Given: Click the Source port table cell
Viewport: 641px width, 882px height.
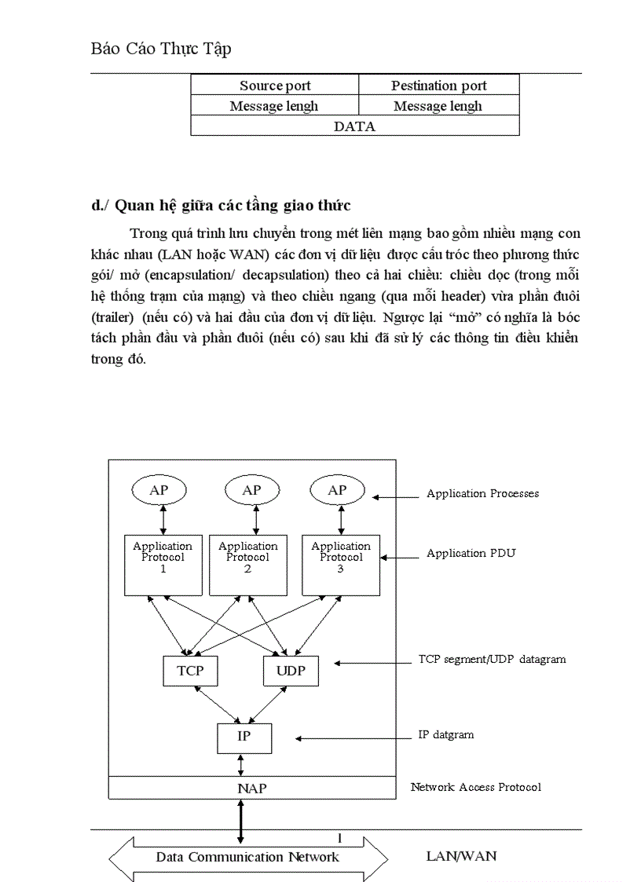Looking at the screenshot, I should point(275,86).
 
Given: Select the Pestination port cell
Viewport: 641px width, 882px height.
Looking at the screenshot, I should point(438,86).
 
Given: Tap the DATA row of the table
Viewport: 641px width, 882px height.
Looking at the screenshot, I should point(354,126).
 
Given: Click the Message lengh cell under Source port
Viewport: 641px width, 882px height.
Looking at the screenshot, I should point(274,106).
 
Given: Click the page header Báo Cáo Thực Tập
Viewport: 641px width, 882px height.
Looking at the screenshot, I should point(160,49).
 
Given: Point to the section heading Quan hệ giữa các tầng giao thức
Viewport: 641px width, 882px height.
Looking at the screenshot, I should point(221,206).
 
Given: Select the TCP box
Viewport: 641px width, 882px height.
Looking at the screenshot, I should point(190,671).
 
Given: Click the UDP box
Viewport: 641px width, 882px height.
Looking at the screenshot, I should point(291,671).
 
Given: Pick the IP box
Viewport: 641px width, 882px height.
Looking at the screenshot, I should point(244,737).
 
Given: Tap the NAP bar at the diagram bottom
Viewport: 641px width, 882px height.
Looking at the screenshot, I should point(251,788).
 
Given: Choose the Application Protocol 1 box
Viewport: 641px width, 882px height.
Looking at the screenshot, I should point(163,564).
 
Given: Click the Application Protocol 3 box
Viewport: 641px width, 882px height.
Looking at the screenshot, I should point(341,564).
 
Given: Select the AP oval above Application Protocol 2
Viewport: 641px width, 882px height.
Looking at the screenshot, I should point(251,490).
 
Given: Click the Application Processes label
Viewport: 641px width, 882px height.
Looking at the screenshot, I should point(482,493).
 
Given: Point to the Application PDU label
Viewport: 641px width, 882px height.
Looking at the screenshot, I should point(471,553).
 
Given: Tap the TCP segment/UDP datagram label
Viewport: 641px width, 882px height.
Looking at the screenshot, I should point(492,659).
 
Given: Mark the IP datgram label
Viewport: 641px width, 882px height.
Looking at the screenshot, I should point(445,735).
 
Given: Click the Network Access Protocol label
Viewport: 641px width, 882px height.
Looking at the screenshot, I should point(475,786).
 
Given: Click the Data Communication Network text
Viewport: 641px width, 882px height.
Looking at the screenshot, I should point(247,857).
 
